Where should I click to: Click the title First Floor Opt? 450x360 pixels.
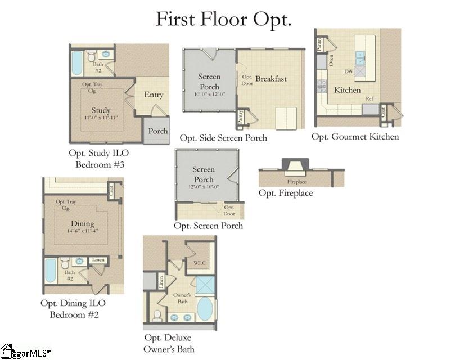pos(223,19)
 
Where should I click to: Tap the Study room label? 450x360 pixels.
pos(101,110)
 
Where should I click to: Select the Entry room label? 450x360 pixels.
pos(153,94)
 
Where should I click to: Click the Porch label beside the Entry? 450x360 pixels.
pos(158,130)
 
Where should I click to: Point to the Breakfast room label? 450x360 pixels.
pos(271,79)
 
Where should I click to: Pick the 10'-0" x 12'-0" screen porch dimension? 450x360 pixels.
pos(209,96)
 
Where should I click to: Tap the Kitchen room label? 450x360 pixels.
pos(348,90)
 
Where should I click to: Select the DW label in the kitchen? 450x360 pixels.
pos(348,71)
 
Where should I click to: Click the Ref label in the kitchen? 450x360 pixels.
pos(370,98)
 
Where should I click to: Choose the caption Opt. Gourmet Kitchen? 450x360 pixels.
pos(355,137)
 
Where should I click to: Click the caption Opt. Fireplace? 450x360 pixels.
pos(286,193)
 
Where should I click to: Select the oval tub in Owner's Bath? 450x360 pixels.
pos(204,310)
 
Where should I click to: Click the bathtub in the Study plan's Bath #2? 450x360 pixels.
pos(77,64)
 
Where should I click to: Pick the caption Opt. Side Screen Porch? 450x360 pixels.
pos(223,138)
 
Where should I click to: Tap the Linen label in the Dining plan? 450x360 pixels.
pos(98,260)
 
